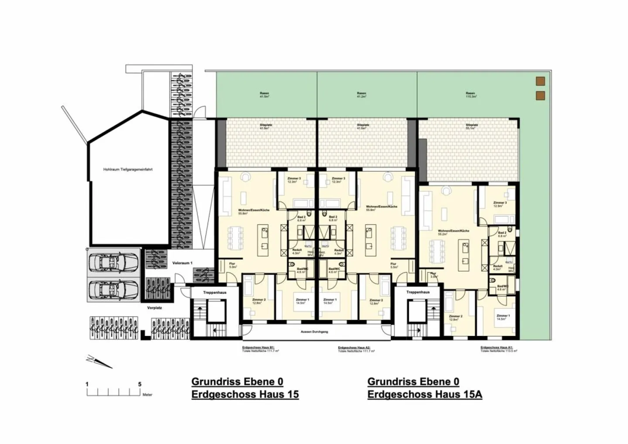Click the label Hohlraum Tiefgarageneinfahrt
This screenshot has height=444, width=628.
click(128, 169)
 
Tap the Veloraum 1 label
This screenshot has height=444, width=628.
click(182, 263)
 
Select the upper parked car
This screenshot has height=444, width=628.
click(114, 263)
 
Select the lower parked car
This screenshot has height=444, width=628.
click(114, 289)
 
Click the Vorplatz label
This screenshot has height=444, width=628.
click(154, 307)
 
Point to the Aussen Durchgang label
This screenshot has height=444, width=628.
click(315, 332)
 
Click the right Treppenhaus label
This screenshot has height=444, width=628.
click(418, 292)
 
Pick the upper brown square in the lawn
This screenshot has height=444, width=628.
click(540, 81)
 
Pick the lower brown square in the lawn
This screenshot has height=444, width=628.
click(540, 96)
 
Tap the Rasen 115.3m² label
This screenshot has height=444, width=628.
click(470, 95)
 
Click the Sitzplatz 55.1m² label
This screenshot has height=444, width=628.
click(472, 126)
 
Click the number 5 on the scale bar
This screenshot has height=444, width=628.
click(140, 384)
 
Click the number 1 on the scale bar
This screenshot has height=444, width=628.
click(87, 384)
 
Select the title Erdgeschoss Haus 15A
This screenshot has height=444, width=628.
click(425, 395)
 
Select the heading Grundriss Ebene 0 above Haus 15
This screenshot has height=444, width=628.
click(237, 382)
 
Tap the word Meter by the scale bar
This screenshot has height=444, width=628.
click(147, 395)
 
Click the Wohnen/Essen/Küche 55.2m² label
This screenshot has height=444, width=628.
click(448, 232)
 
